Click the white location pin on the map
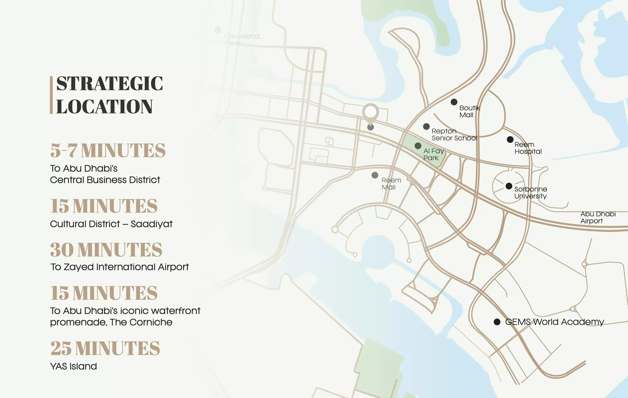(370, 112)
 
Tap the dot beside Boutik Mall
(454, 102)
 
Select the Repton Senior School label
(454, 135)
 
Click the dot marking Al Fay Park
(418, 146)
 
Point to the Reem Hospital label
(528, 148)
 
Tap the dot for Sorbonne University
(509, 186)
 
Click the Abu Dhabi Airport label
(598, 217)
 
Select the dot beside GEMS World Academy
(497, 322)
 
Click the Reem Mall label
(391, 184)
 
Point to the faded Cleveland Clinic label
(241, 40)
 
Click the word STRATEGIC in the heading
(110, 83)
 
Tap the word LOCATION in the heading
(104, 107)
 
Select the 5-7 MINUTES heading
(108, 150)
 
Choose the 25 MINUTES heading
(105, 348)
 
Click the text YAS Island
(73, 366)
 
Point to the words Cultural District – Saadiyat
(111, 224)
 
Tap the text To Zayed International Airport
(119, 267)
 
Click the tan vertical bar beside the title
(51, 95)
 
